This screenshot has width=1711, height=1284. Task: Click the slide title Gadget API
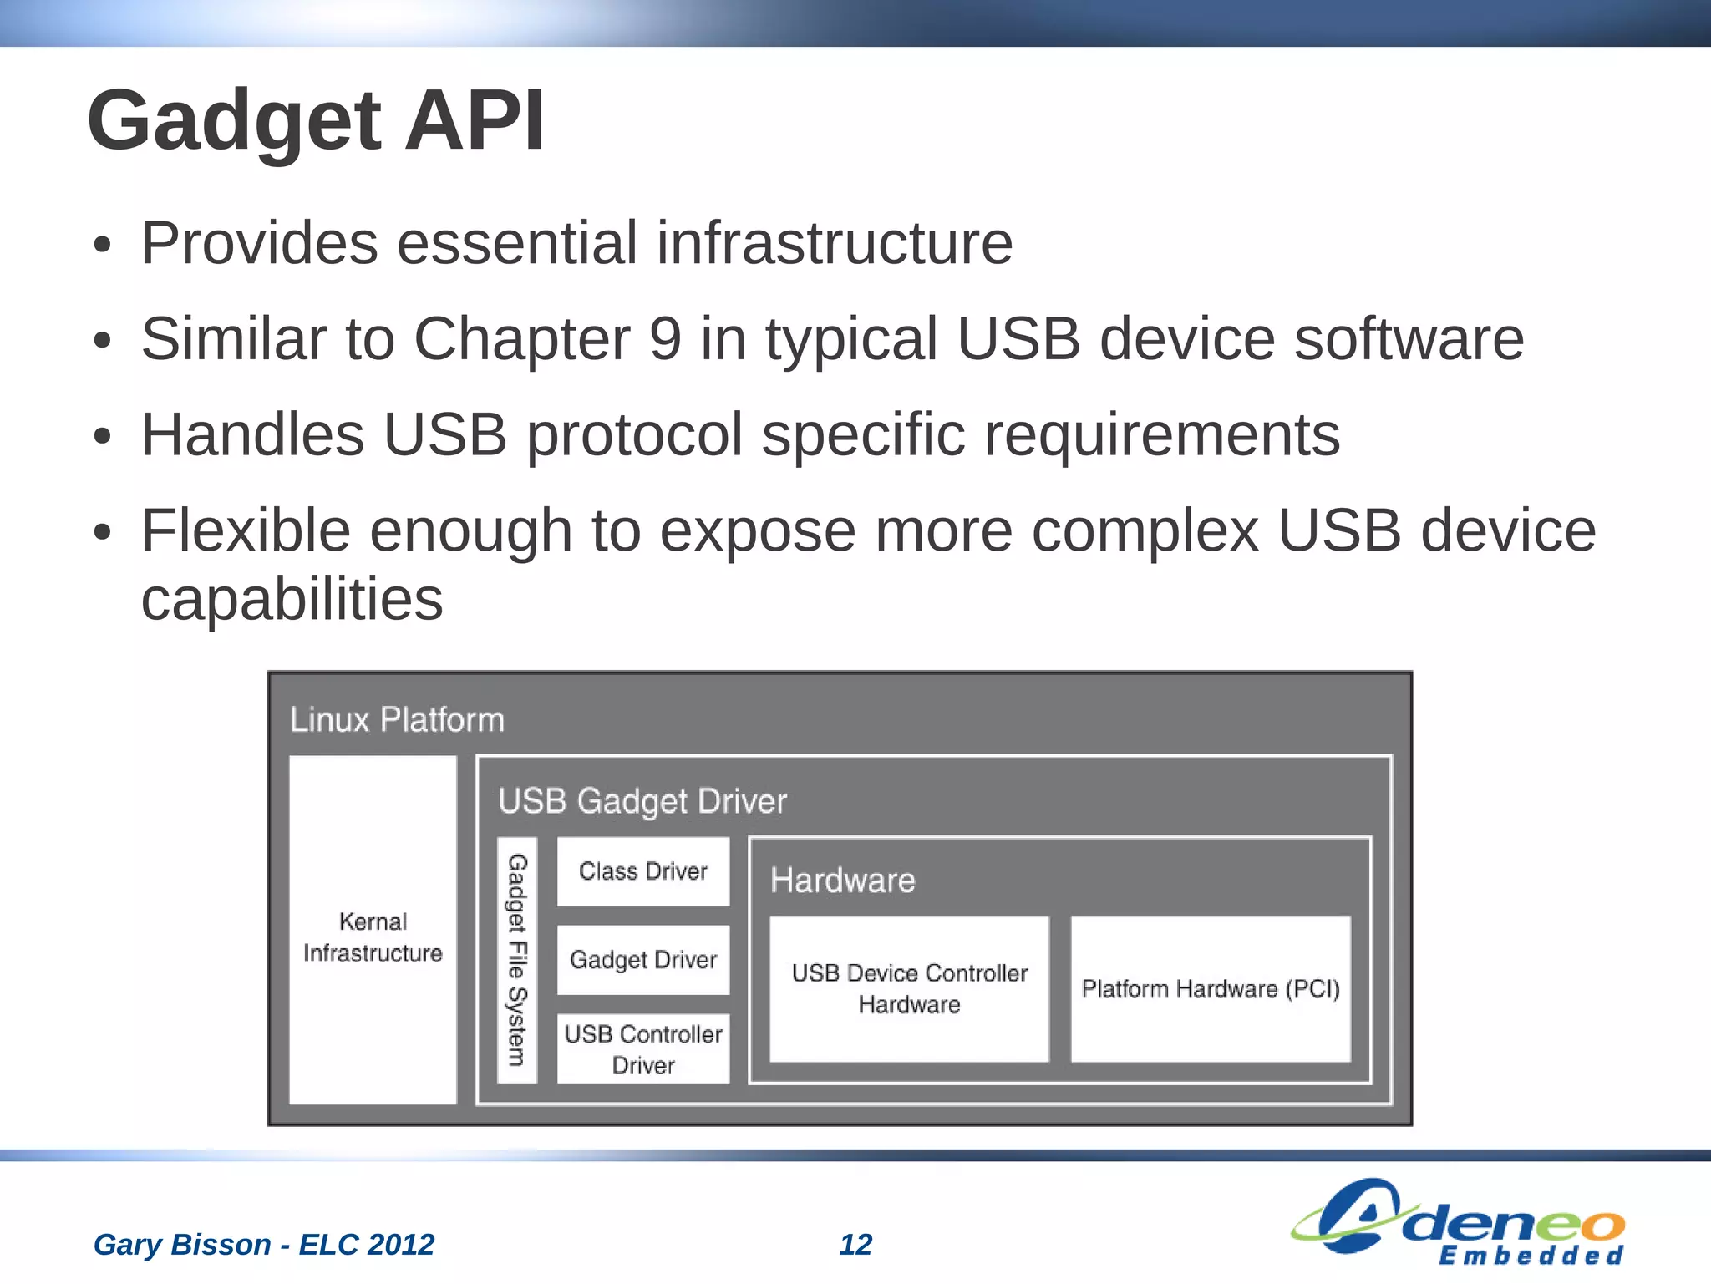coord(316,121)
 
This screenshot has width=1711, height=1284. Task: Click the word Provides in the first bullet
coord(259,243)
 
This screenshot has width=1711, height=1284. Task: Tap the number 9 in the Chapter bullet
coord(665,339)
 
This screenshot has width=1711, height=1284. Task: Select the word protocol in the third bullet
coord(634,435)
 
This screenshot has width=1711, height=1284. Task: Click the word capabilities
coord(292,599)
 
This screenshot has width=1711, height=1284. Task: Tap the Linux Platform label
coord(397,720)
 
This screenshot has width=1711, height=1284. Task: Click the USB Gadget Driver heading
coord(642,801)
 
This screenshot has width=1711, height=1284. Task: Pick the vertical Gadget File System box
coord(517,960)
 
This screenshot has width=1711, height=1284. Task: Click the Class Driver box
coord(642,871)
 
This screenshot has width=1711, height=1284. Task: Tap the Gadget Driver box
coord(642,960)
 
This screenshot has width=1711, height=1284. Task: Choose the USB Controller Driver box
coord(642,1049)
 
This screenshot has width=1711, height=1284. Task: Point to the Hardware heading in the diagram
coord(842,881)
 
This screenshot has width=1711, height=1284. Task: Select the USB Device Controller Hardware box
coord(909,989)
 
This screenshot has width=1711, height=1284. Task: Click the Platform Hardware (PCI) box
coord(1211,989)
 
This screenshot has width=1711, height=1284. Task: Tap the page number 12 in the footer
coord(855,1245)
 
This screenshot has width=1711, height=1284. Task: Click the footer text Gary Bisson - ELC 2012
coord(263,1245)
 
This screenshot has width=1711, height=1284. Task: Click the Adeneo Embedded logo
coord(1458,1221)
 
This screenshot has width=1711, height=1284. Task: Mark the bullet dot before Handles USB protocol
coord(102,437)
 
